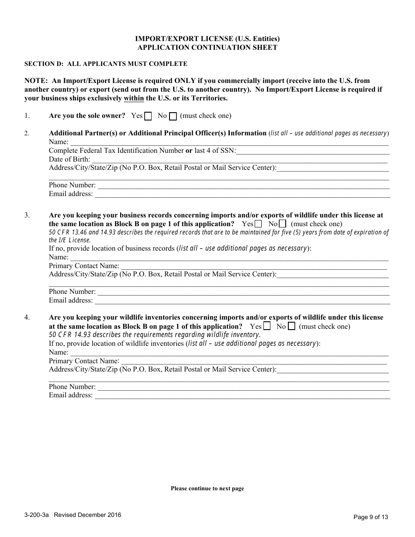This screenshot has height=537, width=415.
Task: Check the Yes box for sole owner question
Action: coord(149,116)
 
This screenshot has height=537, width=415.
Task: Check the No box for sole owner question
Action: coord(173,116)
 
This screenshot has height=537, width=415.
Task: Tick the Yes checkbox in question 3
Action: coord(258,224)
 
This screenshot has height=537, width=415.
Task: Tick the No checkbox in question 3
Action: coord(282,224)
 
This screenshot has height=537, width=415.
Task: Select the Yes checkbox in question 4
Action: coord(266,326)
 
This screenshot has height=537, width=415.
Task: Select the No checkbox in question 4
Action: coord(291,326)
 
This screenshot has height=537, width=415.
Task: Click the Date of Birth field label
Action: coord(69,159)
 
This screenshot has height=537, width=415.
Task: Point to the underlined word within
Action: coord(134,98)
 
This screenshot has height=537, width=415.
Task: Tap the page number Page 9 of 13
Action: coord(370,517)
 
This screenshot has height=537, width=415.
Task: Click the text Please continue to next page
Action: coord(207,489)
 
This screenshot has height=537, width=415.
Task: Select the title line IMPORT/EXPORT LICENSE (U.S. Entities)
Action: coord(207,39)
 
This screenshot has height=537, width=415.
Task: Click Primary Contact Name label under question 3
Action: coord(84,266)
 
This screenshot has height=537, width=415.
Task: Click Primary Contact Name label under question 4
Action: coord(84,361)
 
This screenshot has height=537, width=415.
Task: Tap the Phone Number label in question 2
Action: coord(72,185)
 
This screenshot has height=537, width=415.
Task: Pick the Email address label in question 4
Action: coord(71,395)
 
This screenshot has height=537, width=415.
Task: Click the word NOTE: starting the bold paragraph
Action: coord(36,81)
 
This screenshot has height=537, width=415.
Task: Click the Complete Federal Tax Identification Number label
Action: coord(116,151)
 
